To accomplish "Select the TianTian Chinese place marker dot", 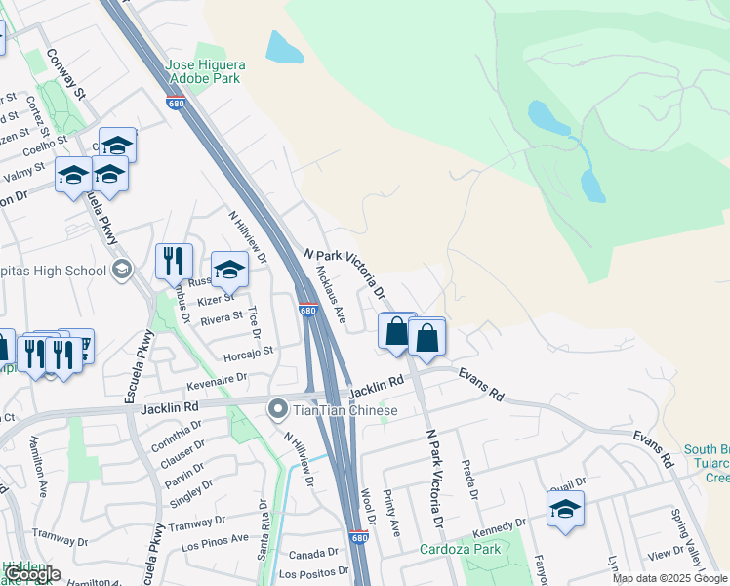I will coord(278,409).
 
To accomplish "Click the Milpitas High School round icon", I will coord(122,270).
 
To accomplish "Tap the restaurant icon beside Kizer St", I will coord(174,262).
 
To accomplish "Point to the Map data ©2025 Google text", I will coord(669,578).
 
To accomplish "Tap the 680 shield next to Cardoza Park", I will coord(358,537).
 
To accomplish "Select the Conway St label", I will coord(67,71).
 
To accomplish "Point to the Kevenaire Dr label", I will coord(214,377).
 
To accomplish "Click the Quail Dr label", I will coord(568,481).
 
